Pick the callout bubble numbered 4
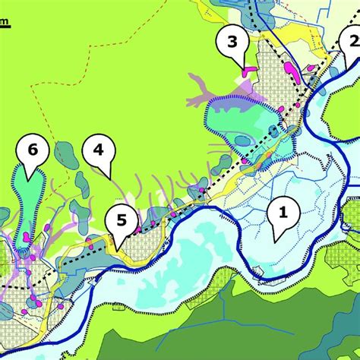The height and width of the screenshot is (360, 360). click(x=98, y=150)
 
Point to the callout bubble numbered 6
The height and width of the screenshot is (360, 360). click(x=31, y=150)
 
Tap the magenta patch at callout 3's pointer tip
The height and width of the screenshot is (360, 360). click(x=249, y=71)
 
